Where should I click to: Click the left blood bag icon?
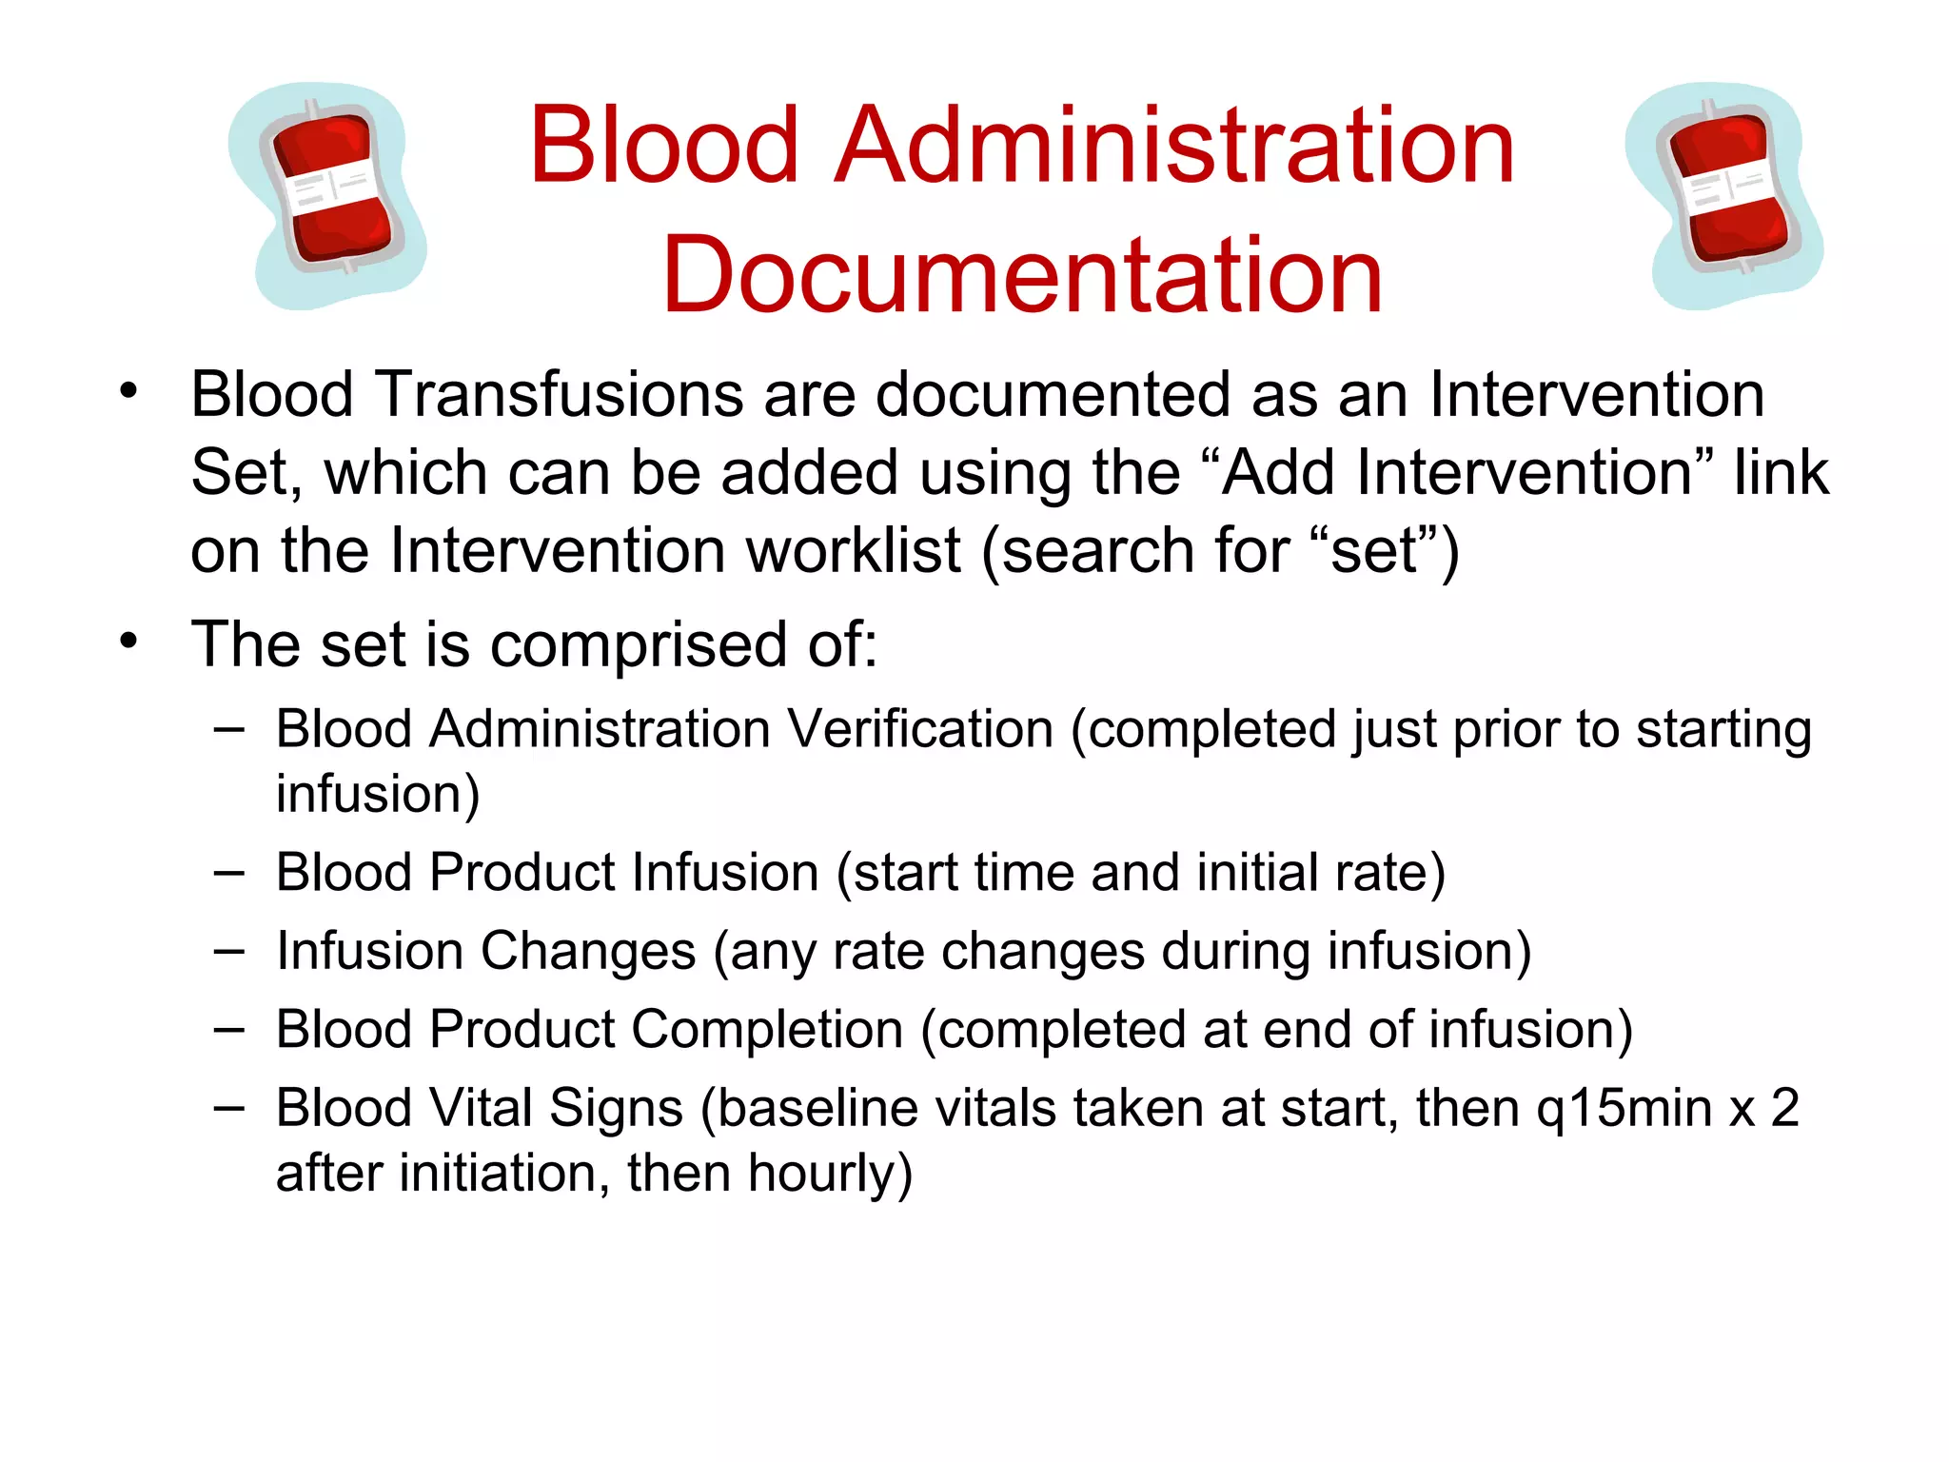pos(328,195)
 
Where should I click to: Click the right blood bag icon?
pos(1724,195)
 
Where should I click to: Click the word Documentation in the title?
pos(1022,276)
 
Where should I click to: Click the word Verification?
pos(920,730)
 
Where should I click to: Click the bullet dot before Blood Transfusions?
pos(128,390)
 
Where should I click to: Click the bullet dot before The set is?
pos(128,641)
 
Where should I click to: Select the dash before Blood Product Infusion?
pos(229,872)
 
